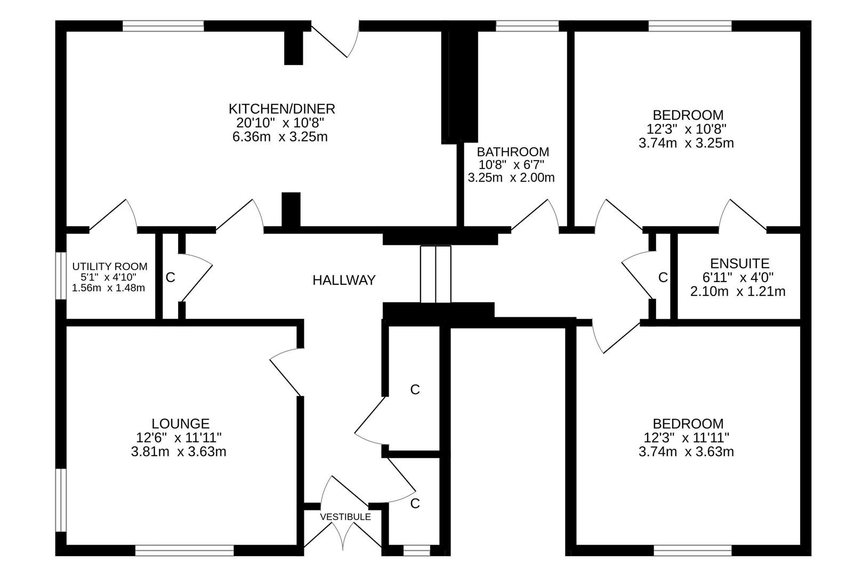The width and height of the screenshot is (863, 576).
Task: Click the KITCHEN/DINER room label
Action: (281, 109)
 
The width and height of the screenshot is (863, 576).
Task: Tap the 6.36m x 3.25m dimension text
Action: (279, 137)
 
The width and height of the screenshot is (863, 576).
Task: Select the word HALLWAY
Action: (344, 280)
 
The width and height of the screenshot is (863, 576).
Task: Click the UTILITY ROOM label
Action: (110, 266)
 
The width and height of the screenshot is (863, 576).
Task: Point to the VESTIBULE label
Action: (345, 517)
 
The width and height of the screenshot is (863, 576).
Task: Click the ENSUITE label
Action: (739, 263)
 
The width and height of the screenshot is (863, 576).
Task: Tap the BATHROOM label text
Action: (512, 152)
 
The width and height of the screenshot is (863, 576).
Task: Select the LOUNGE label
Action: (180, 423)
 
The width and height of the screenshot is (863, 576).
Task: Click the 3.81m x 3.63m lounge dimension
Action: (179, 452)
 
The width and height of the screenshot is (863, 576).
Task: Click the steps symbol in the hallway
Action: (435, 274)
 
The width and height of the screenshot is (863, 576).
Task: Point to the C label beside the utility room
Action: (170, 277)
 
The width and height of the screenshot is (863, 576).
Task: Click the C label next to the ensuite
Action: (663, 277)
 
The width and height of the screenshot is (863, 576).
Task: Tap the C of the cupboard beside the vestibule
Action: (415, 503)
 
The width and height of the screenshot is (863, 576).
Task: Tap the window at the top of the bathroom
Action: (527, 26)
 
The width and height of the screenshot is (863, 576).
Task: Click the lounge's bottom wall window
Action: (184, 550)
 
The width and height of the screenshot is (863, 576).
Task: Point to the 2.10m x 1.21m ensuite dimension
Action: (738, 292)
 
